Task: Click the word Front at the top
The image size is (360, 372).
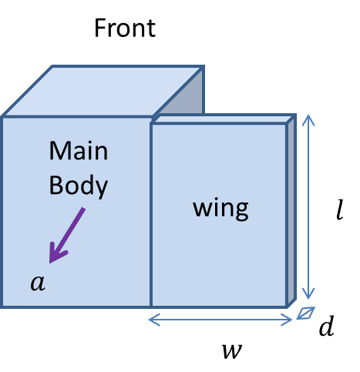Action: tap(124, 28)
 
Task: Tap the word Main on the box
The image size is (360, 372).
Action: tap(78, 151)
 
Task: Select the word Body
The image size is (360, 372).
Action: tap(78, 186)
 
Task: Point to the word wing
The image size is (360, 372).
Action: tap(220, 208)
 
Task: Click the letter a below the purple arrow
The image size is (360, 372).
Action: tap(38, 283)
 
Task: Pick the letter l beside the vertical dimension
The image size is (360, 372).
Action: tap(338, 210)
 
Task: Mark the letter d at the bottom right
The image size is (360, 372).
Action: tap(327, 327)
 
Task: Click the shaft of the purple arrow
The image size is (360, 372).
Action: tap(72, 230)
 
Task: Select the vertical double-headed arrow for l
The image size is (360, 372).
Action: tap(308, 208)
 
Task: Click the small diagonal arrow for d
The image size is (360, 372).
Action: tap(306, 313)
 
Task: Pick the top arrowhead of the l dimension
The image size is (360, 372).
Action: tap(308, 119)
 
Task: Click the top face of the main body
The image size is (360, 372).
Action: tap(100, 91)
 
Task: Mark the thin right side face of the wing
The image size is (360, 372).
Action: tap(291, 212)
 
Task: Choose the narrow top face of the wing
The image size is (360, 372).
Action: tap(224, 120)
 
